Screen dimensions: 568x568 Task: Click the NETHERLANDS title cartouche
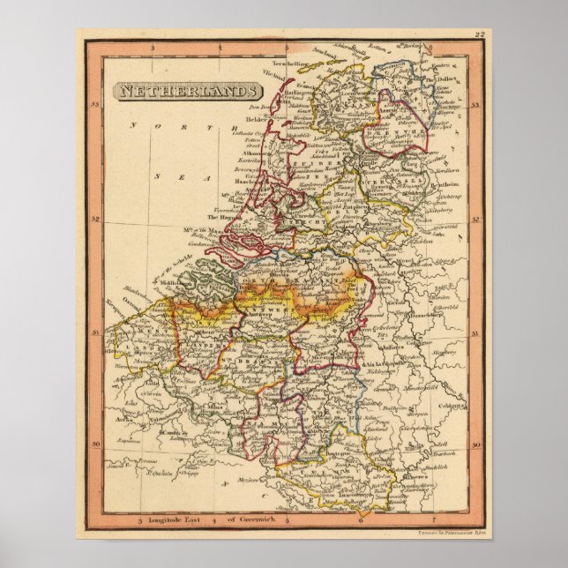[187, 91]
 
